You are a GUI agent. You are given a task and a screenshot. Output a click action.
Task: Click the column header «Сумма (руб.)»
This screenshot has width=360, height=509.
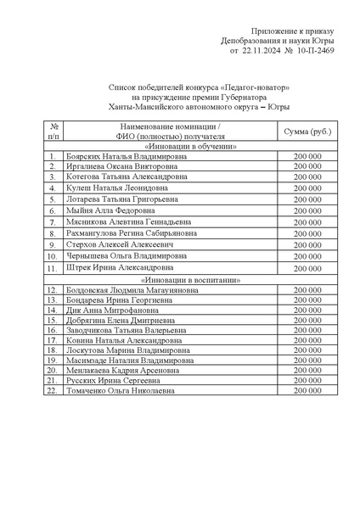(x=307, y=131)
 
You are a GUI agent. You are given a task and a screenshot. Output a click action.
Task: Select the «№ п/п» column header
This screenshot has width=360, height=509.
(x=53, y=131)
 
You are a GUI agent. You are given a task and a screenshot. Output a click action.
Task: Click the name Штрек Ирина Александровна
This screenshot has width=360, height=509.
(x=115, y=267)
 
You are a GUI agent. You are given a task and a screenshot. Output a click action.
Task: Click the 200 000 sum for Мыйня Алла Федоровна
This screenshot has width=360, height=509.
(x=307, y=210)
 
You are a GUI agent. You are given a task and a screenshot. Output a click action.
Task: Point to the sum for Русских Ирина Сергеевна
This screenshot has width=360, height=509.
(x=307, y=381)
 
